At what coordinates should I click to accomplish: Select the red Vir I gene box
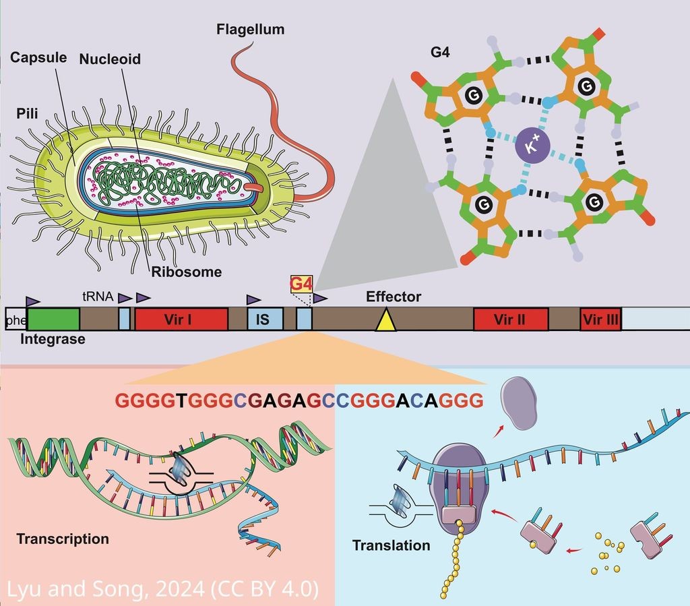click(x=181, y=319)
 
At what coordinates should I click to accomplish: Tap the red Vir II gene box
click(x=509, y=320)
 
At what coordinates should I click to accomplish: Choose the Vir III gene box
click(x=600, y=320)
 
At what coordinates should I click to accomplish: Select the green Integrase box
click(x=53, y=319)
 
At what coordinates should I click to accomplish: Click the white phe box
click(x=15, y=320)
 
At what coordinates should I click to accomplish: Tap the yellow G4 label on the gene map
click(x=301, y=283)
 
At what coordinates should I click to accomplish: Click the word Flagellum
click(x=251, y=30)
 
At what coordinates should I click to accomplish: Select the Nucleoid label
click(x=110, y=59)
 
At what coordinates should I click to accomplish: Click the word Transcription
click(x=63, y=539)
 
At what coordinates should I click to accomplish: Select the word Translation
click(x=391, y=545)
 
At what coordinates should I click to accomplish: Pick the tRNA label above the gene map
click(x=94, y=295)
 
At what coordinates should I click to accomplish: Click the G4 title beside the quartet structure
click(x=440, y=51)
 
